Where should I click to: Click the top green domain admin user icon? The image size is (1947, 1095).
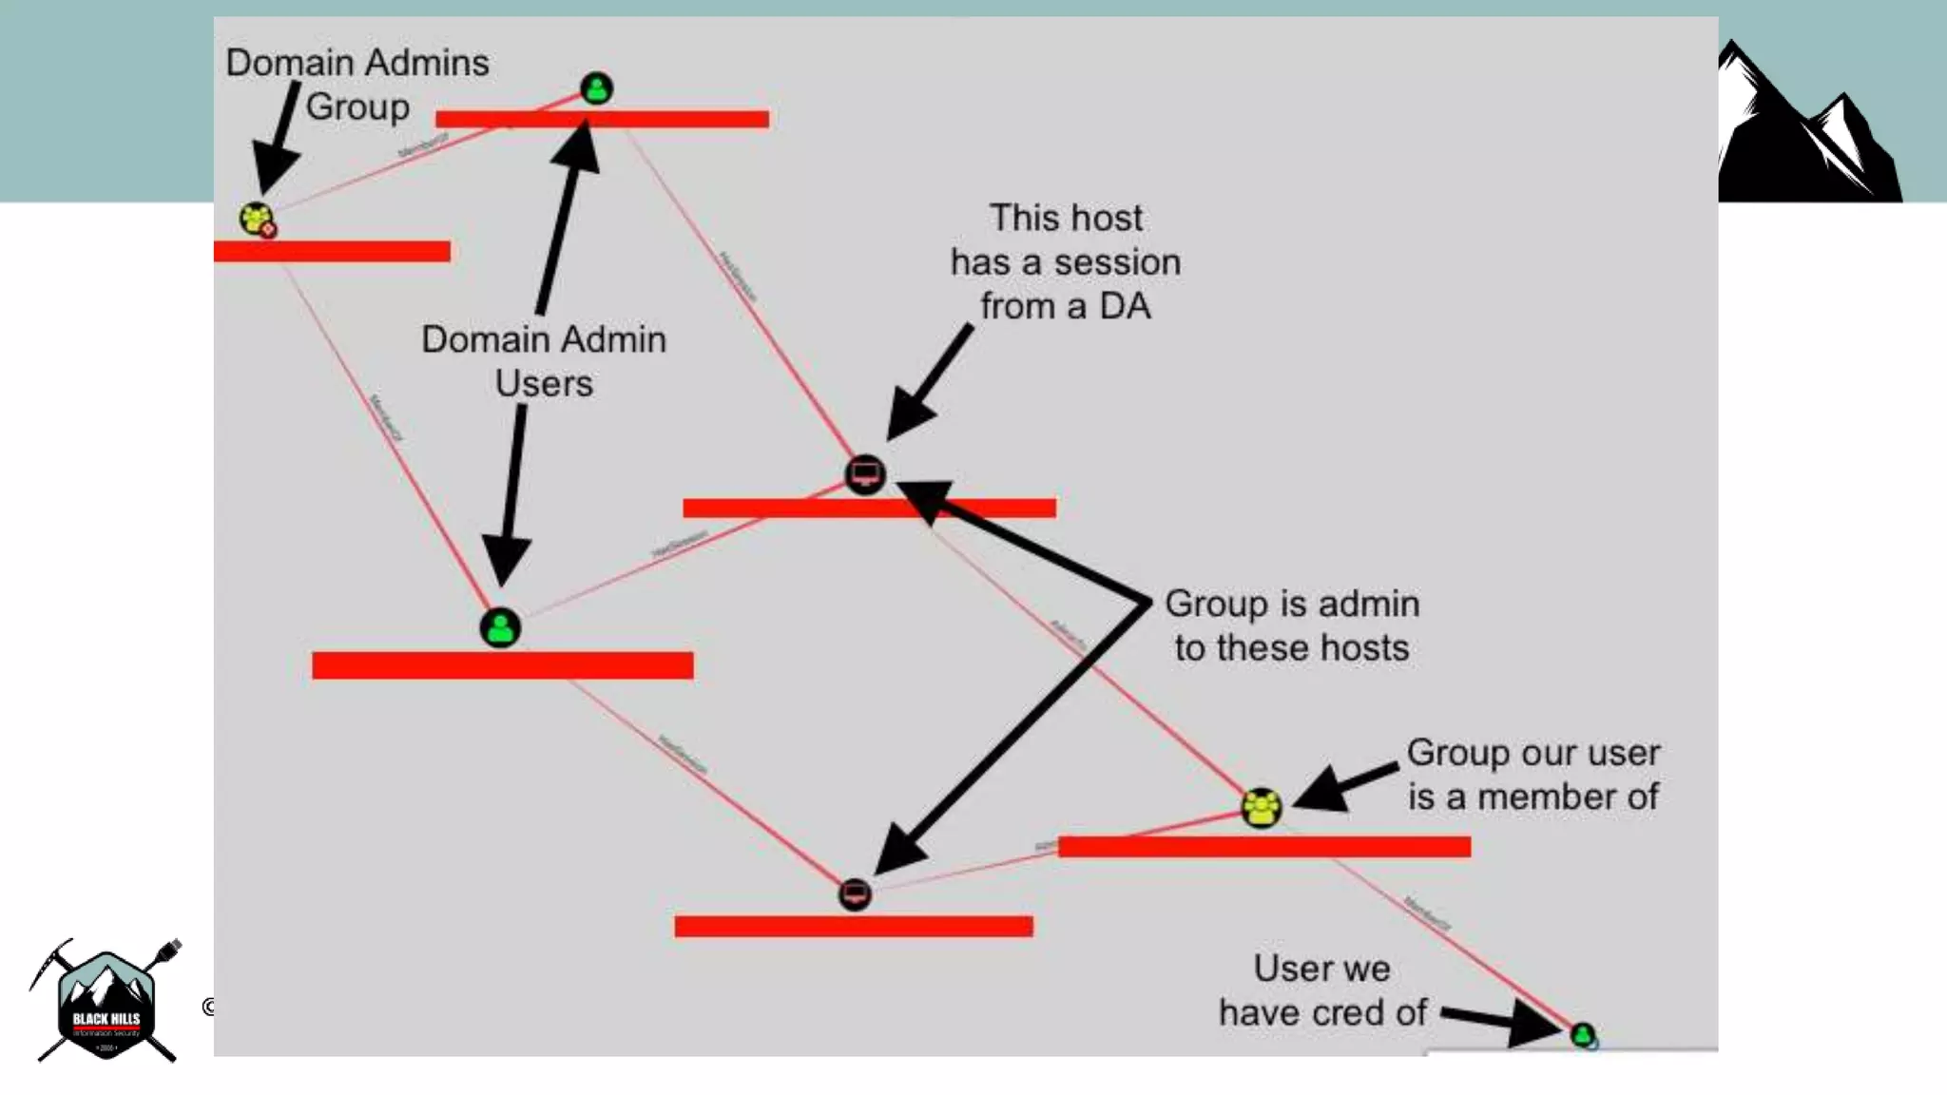pyautogui.click(x=596, y=89)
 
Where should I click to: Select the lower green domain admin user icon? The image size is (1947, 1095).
pyautogui.click(x=500, y=628)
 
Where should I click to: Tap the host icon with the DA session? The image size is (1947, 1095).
pyautogui.click(x=865, y=474)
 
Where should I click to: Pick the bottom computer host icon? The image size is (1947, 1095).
pyautogui.click(x=855, y=894)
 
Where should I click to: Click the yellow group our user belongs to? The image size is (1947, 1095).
pyautogui.click(x=1262, y=808)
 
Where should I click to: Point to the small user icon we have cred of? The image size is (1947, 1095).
pyautogui.click(x=1583, y=1034)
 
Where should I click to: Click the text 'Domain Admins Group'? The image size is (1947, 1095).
pyautogui.click(x=357, y=85)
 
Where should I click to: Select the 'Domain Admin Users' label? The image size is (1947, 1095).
pyautogui.click(x=544, y=361)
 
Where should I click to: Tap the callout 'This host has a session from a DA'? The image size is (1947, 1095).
pyautogui.click(x=1066, y=261)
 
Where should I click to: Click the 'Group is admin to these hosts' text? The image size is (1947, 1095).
pyautogui.click(x=1292, y=625)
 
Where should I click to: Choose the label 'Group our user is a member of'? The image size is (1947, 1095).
pyautogui.click(x=1533, y=774)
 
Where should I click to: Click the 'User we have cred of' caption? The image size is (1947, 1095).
pyautogui.click(x=1322, y=989)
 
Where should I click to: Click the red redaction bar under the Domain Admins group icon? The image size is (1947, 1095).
pyautogui.click(x=332, y=251)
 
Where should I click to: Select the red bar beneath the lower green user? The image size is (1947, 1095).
pyautogui.click(x=502, y=665)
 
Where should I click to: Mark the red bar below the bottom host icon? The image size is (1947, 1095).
pyautogui.click(x=854, y=926)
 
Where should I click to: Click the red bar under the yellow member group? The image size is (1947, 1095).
pyautogui.click(x=1264, y=846)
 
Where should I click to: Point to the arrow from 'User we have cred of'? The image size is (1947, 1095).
pyautogui.click(x=1502, y=1021)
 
